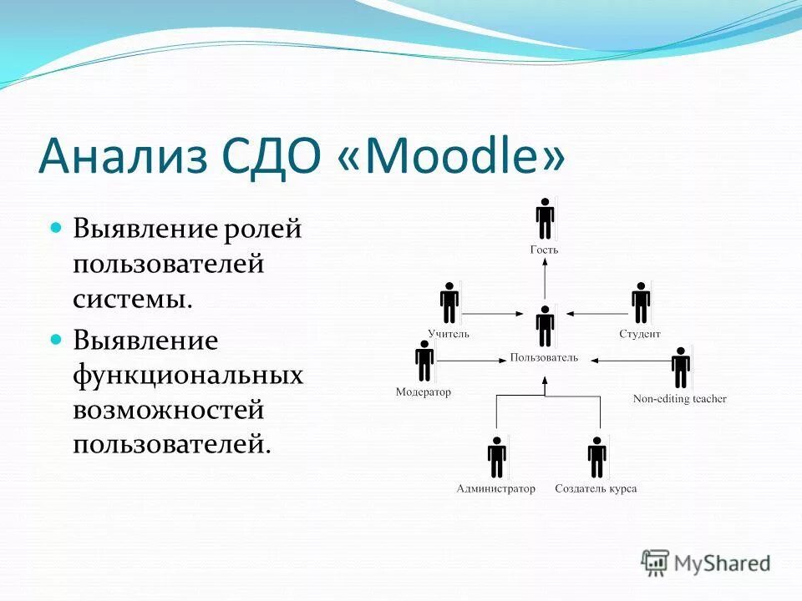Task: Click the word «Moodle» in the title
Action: [452, 156]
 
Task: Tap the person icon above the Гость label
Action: [545, 220]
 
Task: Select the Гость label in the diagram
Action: [544, 250]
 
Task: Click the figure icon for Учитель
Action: [449, 303]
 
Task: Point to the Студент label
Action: [640, 334]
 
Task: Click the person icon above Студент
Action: [641, 303]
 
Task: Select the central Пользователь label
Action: [544, 358]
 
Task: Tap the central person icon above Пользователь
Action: [545, 326]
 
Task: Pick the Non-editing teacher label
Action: [680, 399]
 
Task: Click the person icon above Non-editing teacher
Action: [681, 368]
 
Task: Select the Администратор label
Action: [496, 488]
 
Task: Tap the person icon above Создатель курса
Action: [596, 457]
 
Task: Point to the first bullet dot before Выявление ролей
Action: [57, 227]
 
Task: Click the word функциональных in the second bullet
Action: [187, 376]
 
